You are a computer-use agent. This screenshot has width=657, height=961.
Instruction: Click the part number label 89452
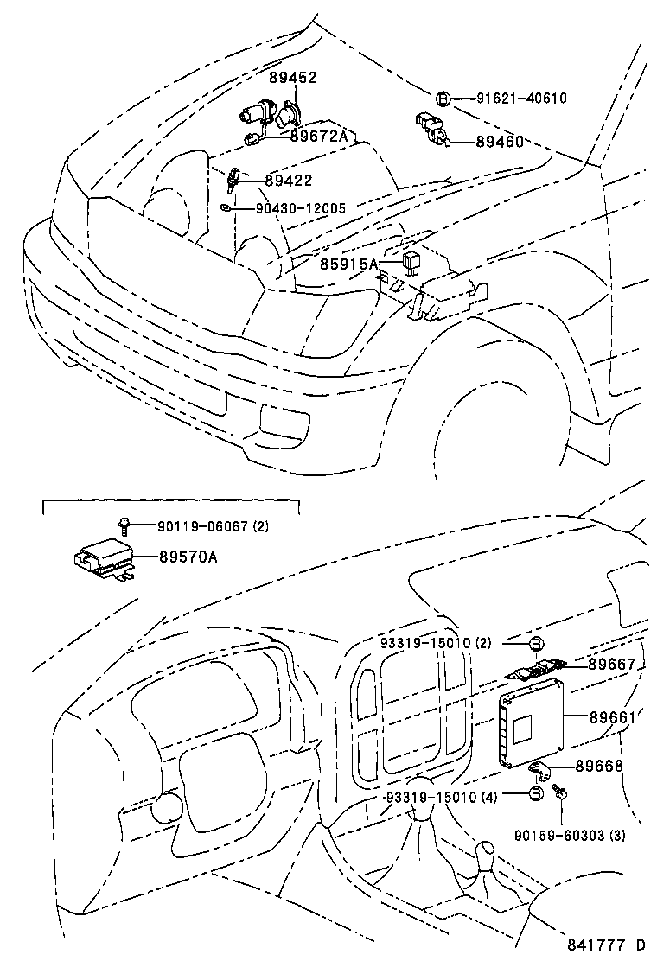pos(292,78)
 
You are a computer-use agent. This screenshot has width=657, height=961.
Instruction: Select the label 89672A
pos(318,136)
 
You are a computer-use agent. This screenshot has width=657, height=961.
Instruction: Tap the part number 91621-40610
pos(521,99)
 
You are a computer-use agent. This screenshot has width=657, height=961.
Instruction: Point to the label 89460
pos(500,142)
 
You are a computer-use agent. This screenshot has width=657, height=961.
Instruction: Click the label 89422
pos(288,181)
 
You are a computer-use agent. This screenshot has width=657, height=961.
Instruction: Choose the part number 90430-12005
pos(301,208)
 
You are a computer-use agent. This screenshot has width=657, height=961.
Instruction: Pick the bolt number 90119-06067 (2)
pos(213,526)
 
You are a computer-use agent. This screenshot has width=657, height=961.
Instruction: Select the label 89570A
pos(188,557)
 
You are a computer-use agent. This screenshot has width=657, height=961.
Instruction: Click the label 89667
pos(612,664)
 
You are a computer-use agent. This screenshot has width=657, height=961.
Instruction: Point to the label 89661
pos(612,717)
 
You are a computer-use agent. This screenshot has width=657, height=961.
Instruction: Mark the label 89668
pos(612,766)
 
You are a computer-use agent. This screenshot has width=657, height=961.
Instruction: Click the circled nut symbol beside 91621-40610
pos(442,99)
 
